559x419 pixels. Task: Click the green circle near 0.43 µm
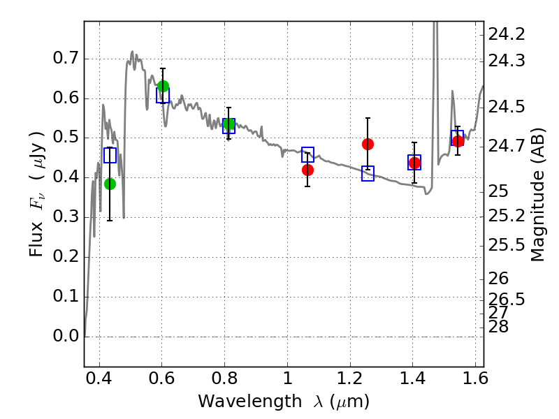point(110,184)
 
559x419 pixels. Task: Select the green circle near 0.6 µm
point(163,86)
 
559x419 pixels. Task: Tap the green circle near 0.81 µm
point(229,124)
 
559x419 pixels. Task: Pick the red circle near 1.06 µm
point(307,170)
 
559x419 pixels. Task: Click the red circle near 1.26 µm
point(368,145)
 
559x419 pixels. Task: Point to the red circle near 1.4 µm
point(414,163)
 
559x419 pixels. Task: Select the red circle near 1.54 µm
point(458,141)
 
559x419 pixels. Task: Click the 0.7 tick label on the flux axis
point(66,58)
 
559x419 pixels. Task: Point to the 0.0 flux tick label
point(66,336)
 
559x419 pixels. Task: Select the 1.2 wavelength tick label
point(350,378)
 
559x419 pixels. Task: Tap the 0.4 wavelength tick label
point(99,378)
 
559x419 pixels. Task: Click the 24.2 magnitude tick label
point(507,34)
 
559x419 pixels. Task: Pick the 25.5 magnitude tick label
point(507,246)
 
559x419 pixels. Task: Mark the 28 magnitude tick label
point(498,327)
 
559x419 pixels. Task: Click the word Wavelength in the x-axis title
point(250,402)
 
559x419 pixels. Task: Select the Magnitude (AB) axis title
point(537,195)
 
